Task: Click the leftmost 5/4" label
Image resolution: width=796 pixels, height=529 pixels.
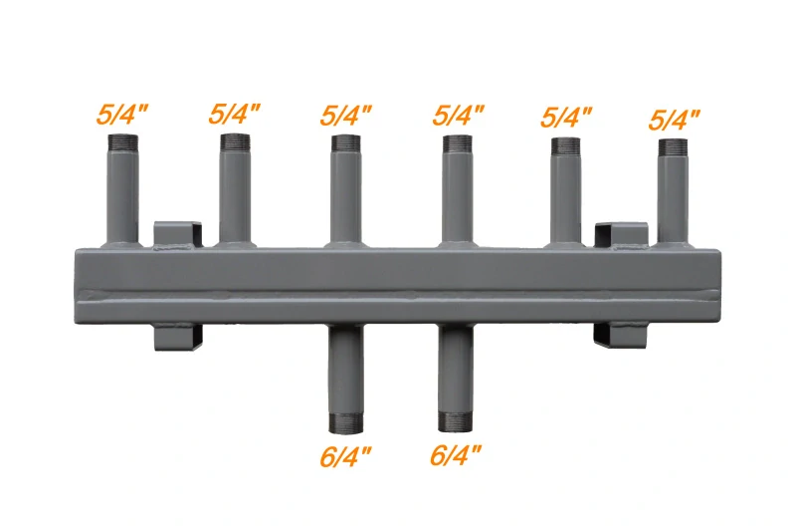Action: [122, 112]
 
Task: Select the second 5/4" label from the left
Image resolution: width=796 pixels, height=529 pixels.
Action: [235, 112]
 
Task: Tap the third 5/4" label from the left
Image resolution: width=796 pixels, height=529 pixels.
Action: [346, 113]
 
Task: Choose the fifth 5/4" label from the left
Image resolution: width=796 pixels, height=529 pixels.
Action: [566, 116]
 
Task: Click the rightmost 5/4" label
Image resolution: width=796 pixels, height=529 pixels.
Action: [674, 120]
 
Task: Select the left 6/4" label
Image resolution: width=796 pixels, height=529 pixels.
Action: [346, 455]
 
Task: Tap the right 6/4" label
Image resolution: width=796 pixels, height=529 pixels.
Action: [457, 455]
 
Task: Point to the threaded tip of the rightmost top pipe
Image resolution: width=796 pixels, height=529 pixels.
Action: [674, 148]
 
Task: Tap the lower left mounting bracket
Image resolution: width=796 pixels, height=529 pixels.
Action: [177, 336]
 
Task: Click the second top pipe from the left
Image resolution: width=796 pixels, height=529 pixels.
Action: [235, 194]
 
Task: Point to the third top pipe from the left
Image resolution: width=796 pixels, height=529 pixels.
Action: [346, 194]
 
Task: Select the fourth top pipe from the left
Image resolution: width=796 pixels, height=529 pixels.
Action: [458, 194]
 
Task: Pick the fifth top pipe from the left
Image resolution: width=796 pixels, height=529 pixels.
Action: [566, 194]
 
